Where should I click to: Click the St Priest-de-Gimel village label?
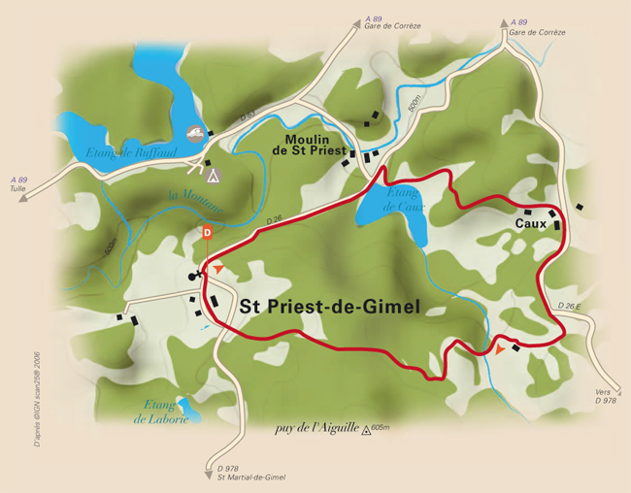pyautogui.click(x=329, y=308)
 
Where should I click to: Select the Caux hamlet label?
pyautogui.click(x=530, y=224)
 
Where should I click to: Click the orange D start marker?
pyautogui.click(x=207, y=232)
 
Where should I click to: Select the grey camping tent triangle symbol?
pyautogui.click(x=214, y=175)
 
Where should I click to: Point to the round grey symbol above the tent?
pyautogui.click(x=194, y=133)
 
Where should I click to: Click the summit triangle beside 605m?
pyautogui.click(x=367, y=428)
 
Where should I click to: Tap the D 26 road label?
pyautogui.click(x=274, y=222)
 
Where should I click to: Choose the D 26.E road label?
pyautogui.click(x=570, y=307)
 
